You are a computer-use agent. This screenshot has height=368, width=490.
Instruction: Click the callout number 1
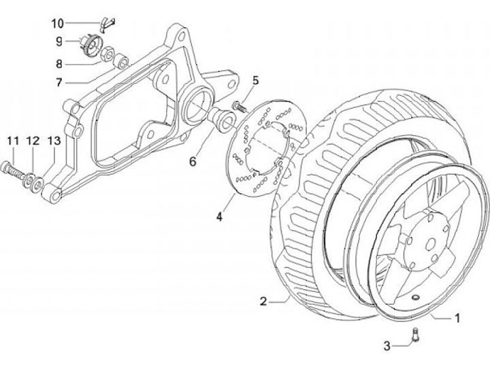[458, 317]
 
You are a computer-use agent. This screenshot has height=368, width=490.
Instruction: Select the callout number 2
[263, 300]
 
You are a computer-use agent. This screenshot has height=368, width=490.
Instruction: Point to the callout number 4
[220, 217]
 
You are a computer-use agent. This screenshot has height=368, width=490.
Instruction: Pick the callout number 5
[255, 80]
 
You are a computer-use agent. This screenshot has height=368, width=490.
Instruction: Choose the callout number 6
[193, 161]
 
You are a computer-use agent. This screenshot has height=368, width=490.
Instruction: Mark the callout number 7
[59, 83]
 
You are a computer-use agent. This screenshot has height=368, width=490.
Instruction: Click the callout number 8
[59, 65]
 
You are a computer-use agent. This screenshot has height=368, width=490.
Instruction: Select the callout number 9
[59, 41]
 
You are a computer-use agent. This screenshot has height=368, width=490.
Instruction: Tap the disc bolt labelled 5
[238, 106]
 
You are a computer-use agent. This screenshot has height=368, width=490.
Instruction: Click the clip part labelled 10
[103, 24]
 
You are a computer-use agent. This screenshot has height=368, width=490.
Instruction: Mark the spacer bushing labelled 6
[223, 120]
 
